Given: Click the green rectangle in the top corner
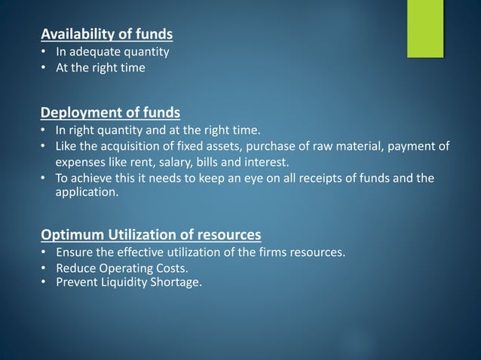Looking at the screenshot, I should pos(426,28).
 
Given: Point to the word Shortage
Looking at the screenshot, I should pos(178,283).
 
